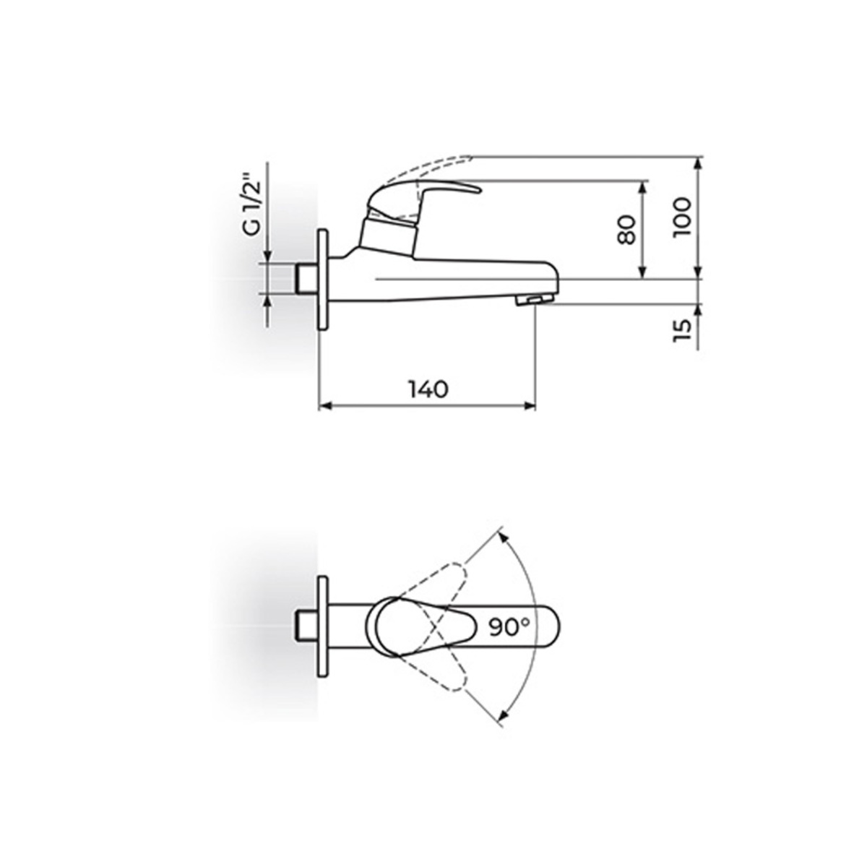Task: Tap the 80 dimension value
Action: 626,230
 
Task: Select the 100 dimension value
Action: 682,214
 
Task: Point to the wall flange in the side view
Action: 323,280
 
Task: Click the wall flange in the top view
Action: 323,626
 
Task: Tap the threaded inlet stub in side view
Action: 306,280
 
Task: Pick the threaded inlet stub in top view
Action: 306,626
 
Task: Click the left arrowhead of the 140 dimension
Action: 324,407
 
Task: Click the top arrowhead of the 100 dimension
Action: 699,162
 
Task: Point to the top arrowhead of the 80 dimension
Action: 641,186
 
